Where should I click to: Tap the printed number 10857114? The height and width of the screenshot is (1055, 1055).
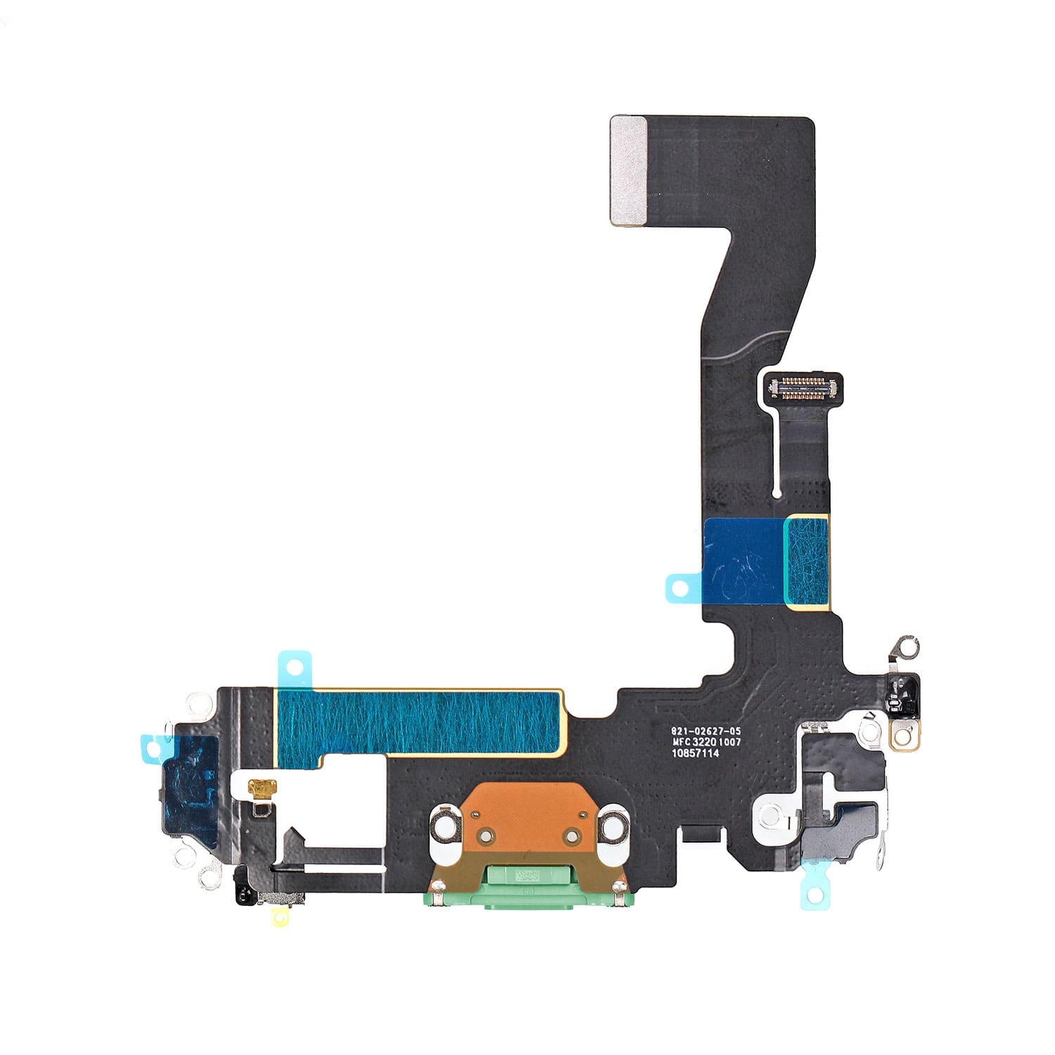pyautogui.click(x=696, y=753)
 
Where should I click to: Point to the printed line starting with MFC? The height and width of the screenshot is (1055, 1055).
pyautogui.click(x=707, y=742)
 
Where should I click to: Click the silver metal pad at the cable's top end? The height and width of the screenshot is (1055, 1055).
pyautogui.click(x=629, y=171)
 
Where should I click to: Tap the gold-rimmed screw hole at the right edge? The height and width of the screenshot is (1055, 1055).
pyautogui.click(x=905, y=737)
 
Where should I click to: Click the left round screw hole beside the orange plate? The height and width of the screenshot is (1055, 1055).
pyautogui.click(x=445, y=828)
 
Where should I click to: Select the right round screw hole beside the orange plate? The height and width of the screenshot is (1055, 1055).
pyautogui.click(x=613, y=828)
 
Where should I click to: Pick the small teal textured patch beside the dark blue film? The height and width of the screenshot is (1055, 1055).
pyautogui.click(x=807, y=561)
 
